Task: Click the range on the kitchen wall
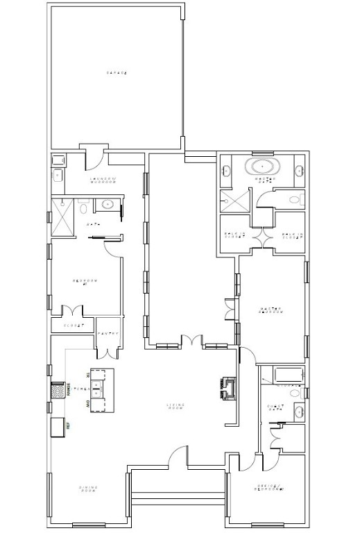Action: point(58,391)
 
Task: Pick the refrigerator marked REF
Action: point(59,425)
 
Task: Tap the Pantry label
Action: point(109,335)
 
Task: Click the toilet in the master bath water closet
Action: point(294,201)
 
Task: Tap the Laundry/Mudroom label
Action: point(102,181)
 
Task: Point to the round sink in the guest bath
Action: point(300,410)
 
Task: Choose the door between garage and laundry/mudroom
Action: point(93,157)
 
